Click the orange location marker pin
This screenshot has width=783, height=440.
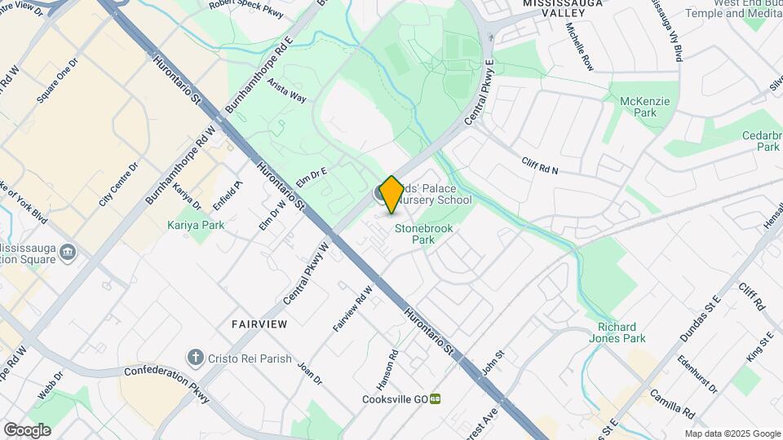pyautogui.click(x=391, y=194)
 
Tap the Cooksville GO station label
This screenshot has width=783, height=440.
pyautogui.click(x=396, y=399)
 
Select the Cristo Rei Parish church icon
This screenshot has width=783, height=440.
pyautogui.click(x=195, y=357)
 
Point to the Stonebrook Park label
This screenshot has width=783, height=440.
pyautogui.click(x=423, y=235)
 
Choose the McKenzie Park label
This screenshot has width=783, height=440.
pyautogui.click(x=644, y=107)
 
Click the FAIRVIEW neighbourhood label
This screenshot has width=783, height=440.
pyautogui.click(x=259, y=324)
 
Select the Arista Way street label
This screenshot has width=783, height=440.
pyautogui.click(x=287, y=95)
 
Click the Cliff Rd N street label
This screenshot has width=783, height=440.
pyautogui.click(x=541, y=165)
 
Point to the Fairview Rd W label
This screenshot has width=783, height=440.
pyautogui.click(x=353, y=307)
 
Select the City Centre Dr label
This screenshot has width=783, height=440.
pyautogui.click(x=119, y=183)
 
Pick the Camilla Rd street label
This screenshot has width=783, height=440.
pyautogui.click(x=672, y=403)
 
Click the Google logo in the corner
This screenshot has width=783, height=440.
pyautogui.click(x=27, y=429)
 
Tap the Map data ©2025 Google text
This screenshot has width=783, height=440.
pyautogui.click(x=732, y=433)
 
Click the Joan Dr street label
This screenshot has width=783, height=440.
pyautogui.click(x=310, y=373)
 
